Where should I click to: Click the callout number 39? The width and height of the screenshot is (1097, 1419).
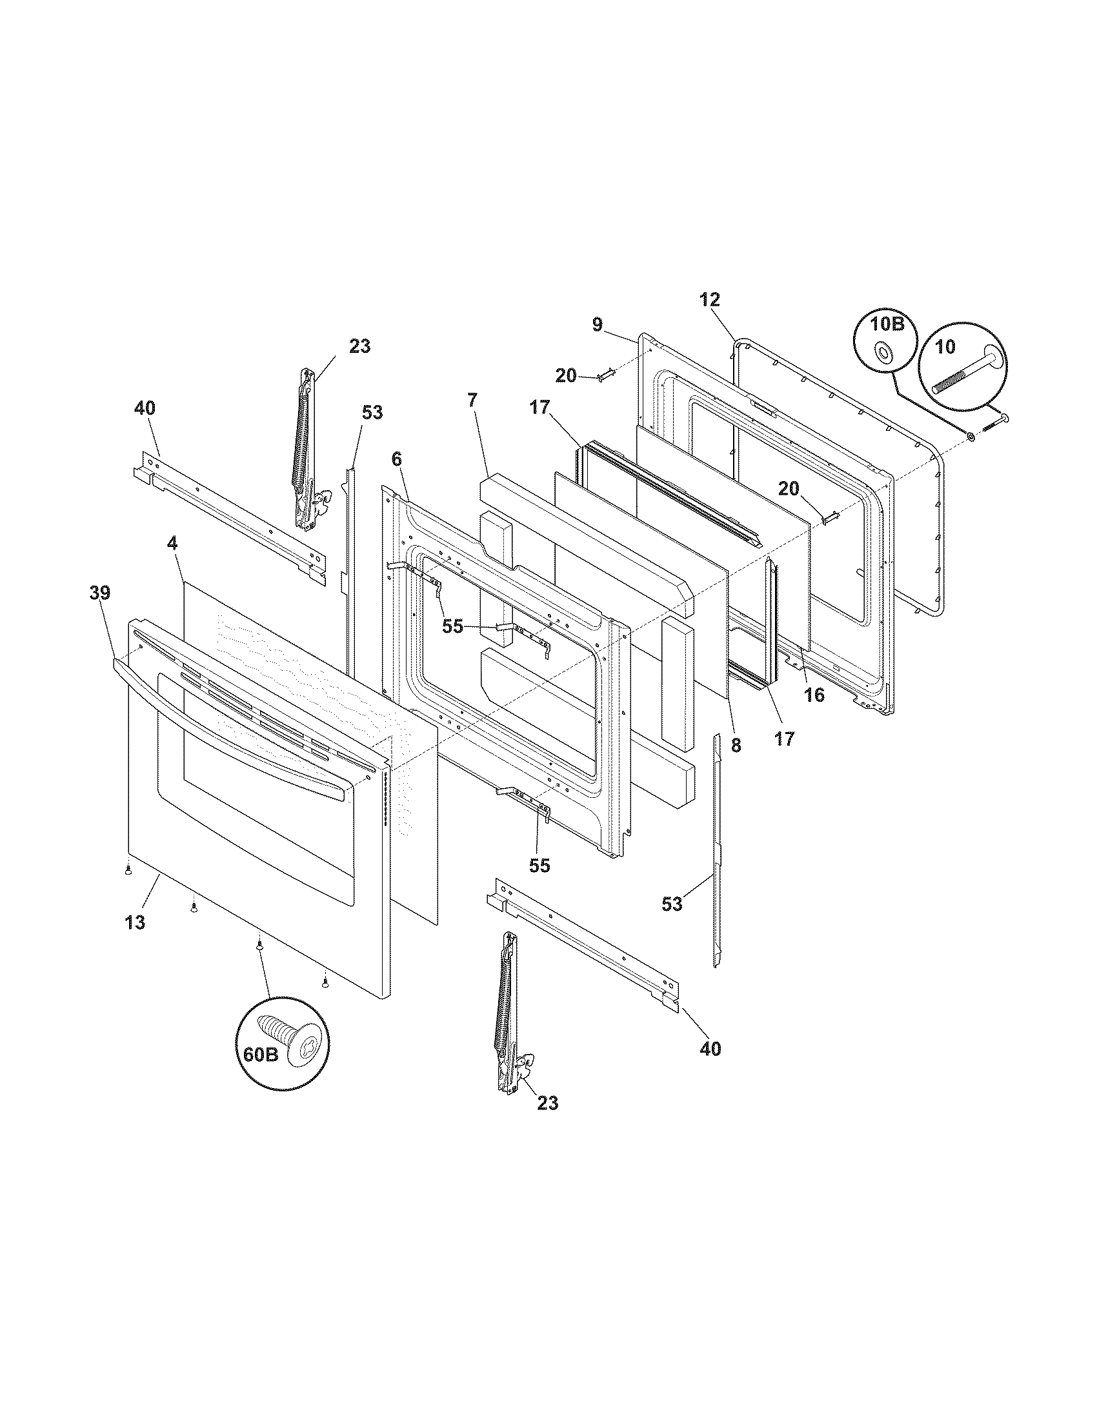point(100,593)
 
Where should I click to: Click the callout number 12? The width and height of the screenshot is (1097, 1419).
point(710,299)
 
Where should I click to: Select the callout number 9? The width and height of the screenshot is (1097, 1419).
point(598,324)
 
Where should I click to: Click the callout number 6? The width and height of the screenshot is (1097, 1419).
point(396,459)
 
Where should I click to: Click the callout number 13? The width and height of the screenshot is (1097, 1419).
point(135,922)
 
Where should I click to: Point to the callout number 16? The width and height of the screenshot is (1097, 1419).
point(814,695)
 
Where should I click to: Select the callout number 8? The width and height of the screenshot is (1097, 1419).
point(736,746)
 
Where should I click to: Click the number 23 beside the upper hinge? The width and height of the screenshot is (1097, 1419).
point(359,346)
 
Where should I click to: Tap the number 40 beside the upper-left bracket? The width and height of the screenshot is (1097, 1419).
point(145,408)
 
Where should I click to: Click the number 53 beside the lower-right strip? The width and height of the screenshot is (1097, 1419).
point(672,903)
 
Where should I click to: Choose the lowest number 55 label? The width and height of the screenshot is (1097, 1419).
point(539,865)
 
